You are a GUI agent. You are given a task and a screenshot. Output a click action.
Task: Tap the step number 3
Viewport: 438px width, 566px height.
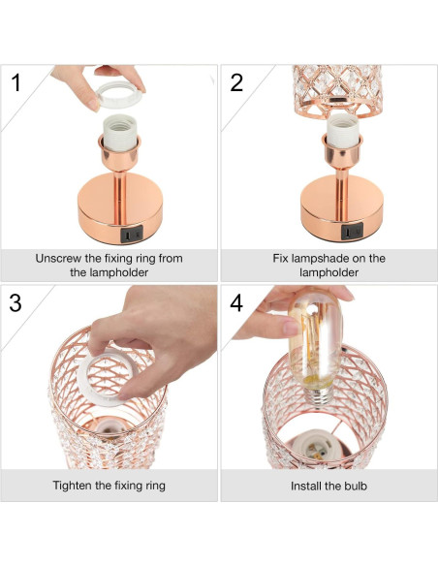(16, 301)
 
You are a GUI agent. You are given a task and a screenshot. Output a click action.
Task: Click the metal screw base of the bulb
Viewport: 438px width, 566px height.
(317, 394)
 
